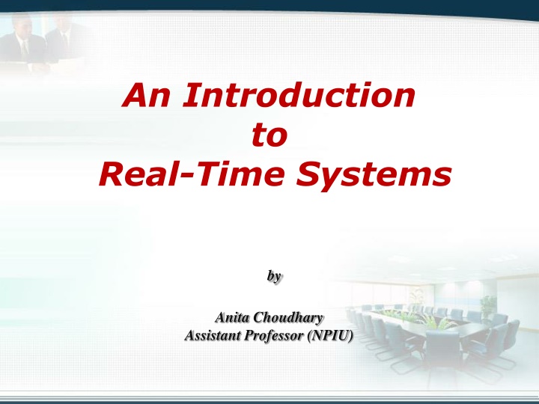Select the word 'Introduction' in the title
299,95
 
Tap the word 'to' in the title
269,135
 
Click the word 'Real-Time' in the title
192,174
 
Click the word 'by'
274,276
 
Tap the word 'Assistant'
213,335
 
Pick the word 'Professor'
274,336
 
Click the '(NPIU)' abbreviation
330,336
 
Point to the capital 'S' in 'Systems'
308,174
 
